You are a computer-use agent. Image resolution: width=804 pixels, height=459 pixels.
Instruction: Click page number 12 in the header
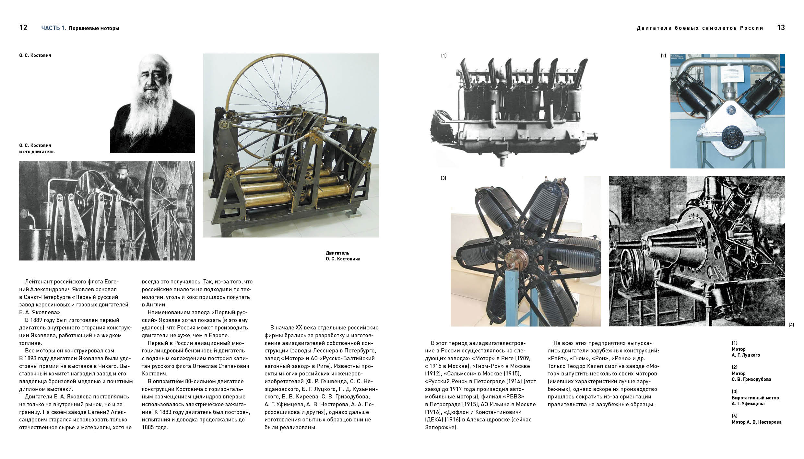[23, 28]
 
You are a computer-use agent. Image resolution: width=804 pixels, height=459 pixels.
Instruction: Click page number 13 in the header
[781, 28]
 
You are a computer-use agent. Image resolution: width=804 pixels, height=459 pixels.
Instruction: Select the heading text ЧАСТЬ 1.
[53, 28]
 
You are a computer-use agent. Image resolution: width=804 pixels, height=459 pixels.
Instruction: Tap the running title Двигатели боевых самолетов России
[700, 28]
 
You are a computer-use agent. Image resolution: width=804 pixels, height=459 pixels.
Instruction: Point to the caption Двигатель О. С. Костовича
[343, 256]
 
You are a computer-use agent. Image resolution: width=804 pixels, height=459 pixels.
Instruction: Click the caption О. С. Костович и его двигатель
[37, 148]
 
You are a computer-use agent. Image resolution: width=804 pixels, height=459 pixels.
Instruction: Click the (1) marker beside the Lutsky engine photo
[443, 56]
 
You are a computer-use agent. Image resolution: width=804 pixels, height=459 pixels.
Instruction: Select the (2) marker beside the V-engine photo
[663, 56]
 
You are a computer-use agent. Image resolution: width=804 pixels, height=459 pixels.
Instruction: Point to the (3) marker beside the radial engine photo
[443, 178]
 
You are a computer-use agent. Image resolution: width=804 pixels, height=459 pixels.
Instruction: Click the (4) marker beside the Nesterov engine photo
[791, 325]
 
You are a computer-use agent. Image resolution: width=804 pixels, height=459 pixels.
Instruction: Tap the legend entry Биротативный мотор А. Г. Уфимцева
[755, 401]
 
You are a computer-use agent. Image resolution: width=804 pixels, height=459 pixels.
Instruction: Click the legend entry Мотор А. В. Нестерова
[756, 422]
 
